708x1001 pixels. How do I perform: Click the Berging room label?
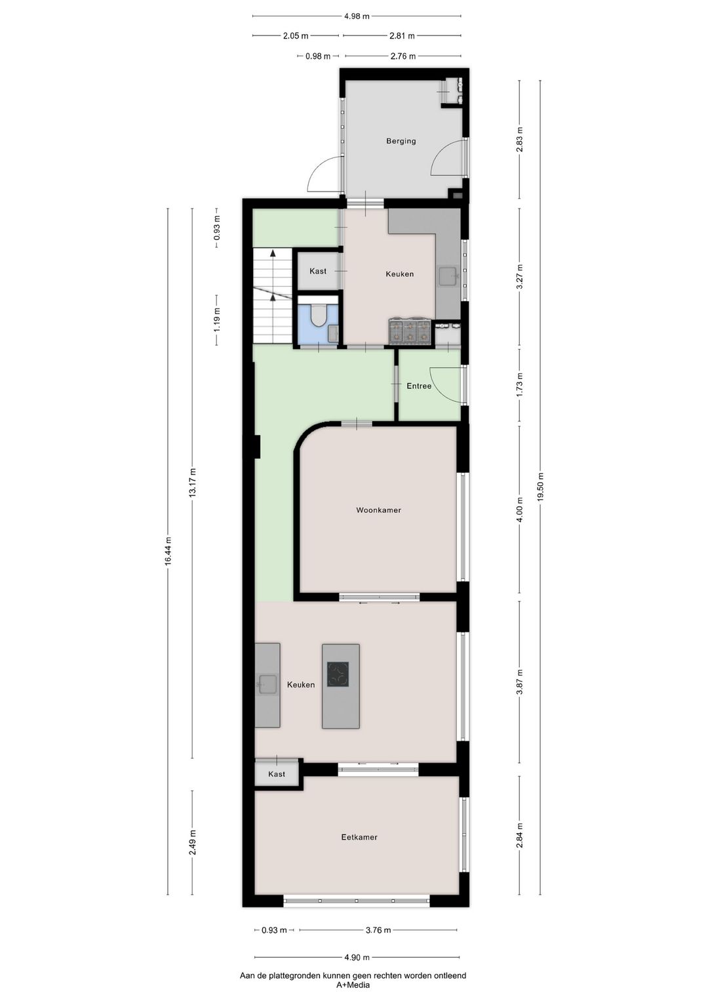(401, 141)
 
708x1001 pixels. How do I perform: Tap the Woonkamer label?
(378, 510)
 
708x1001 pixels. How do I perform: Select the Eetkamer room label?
(359, 838)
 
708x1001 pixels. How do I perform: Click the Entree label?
(419, 386)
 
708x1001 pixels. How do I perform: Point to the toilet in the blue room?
(319, 316)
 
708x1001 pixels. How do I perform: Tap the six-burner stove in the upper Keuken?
(410, 331)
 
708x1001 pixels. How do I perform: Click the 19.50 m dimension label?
(540, 487)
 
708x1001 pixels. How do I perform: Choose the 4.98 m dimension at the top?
(356, 16)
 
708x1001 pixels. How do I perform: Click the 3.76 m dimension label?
(378, 930)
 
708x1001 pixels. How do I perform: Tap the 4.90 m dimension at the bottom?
(357, 957)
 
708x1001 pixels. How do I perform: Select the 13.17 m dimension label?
(192, 483)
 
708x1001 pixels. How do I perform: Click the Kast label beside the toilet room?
(318, 272)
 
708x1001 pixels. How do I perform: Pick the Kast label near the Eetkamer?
(277, 775)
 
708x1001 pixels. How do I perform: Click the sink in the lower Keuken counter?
(267, 684)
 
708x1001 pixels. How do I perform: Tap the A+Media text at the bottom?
(353, 985)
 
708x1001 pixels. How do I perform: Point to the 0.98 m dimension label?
(318, 56)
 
